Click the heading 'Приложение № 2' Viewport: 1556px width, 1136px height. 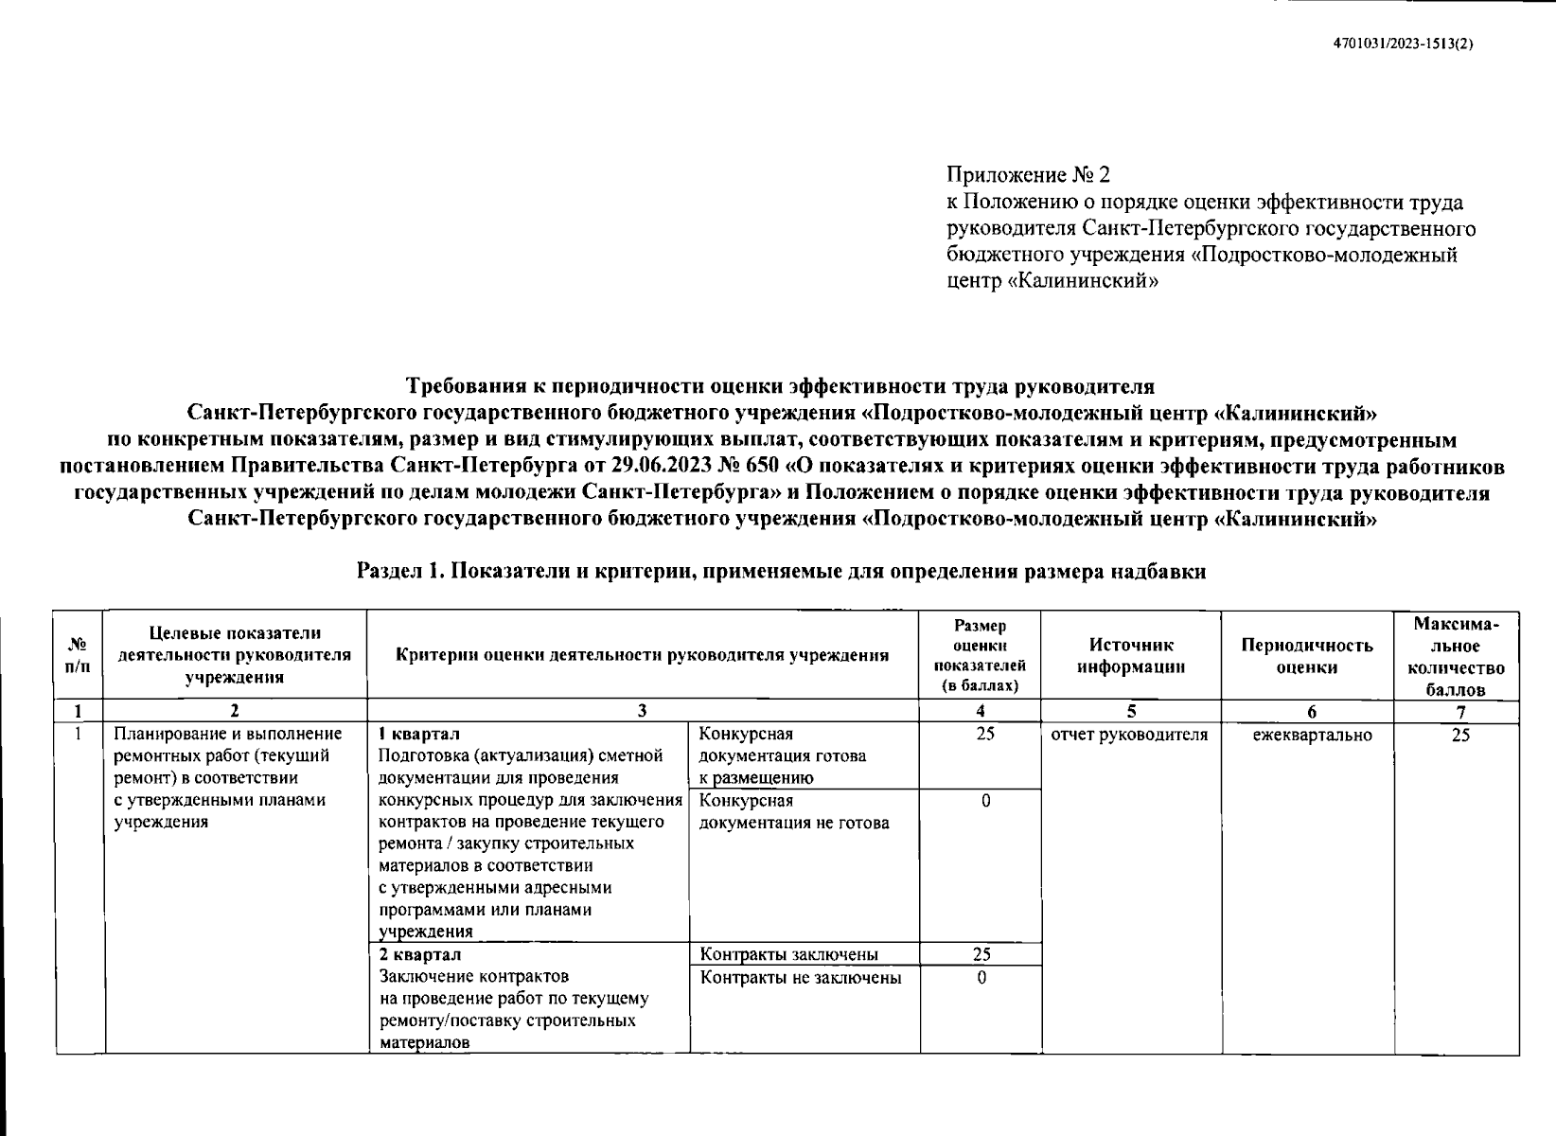click(1028, 175)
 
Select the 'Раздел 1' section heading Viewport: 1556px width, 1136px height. click(781, 572)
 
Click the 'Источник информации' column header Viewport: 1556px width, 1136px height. click(1130, 655)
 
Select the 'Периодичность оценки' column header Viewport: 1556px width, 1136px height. click(1306, 655)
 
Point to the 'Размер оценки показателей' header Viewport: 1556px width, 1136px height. click(980, 655)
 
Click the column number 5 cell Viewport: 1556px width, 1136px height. click(1131, 712)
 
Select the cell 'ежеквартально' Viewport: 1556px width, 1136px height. click(1312, 735)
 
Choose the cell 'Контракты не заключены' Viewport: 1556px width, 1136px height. click(800, 977)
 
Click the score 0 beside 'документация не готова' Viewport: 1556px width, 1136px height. click(985, 801)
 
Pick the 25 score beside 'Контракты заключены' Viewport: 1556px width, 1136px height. click(981, 954)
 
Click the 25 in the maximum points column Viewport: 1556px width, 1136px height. click(1460, 735)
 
